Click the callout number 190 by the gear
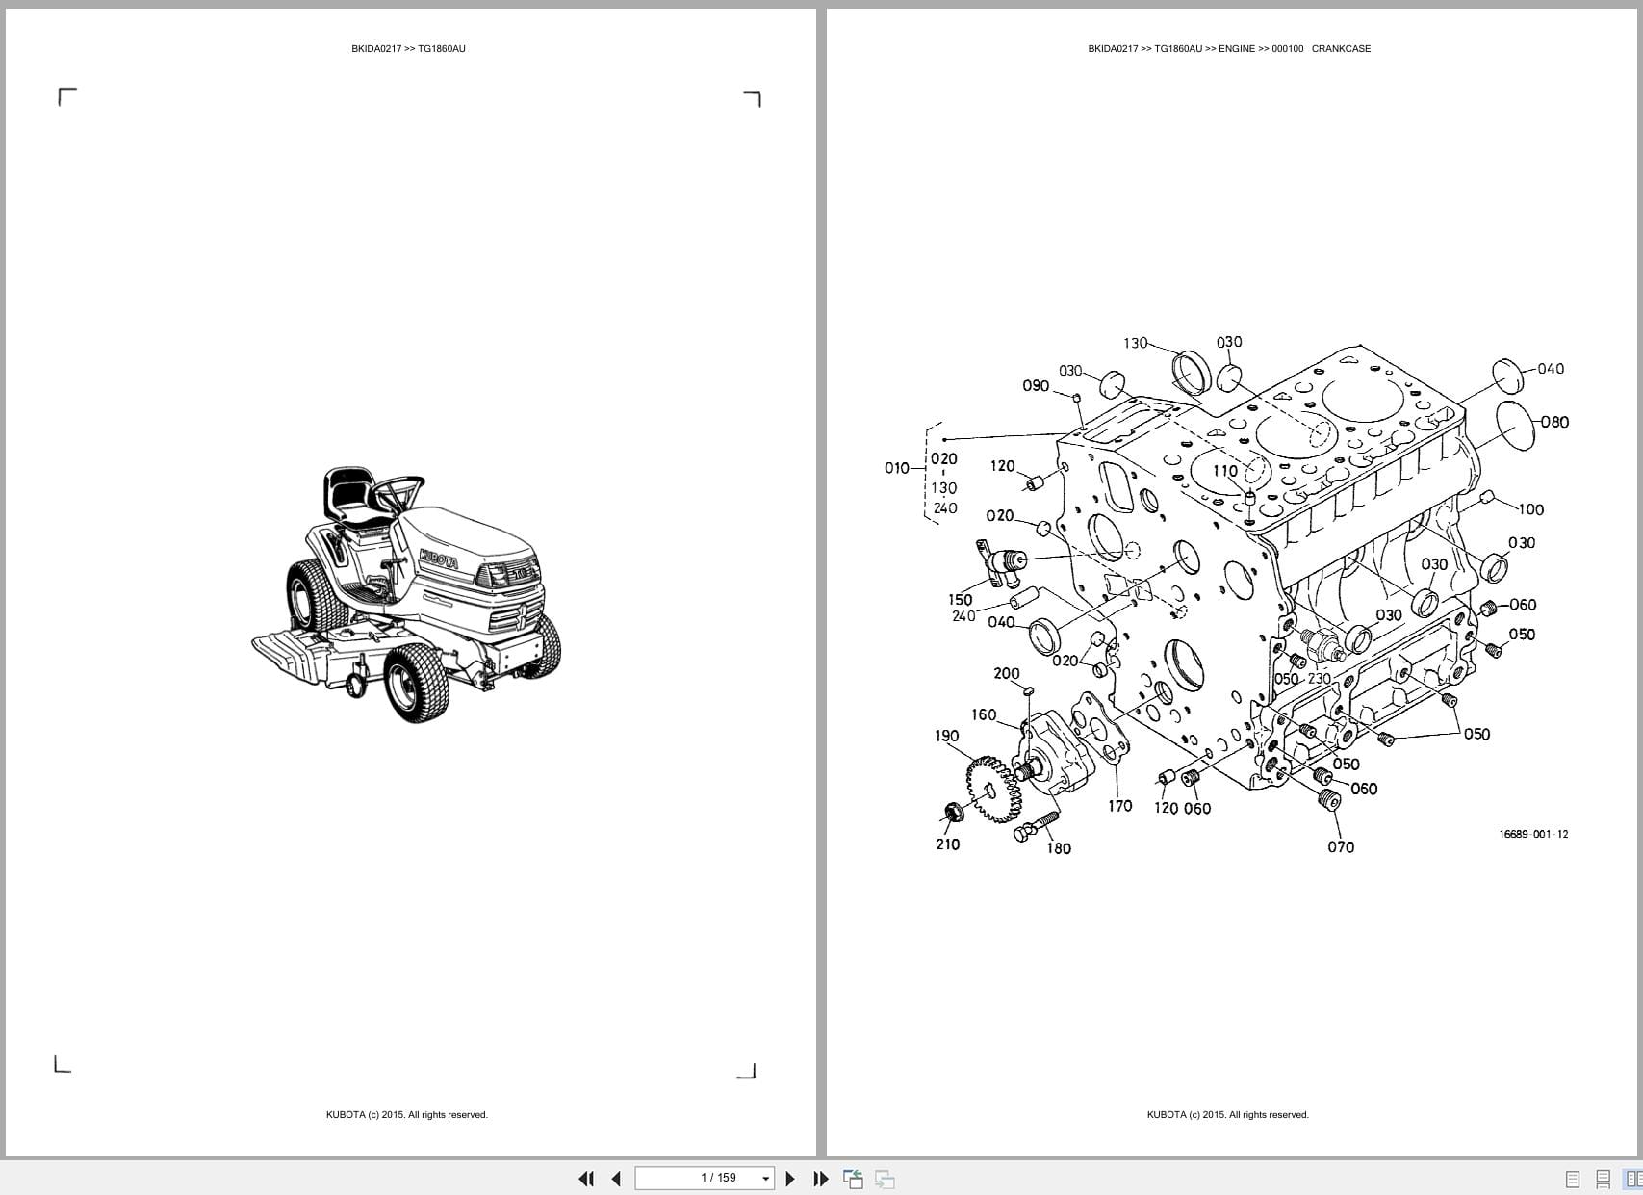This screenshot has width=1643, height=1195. pos(946,736)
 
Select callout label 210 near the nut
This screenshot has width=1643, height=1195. pos(947,844)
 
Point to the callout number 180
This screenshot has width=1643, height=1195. pos(1059,848)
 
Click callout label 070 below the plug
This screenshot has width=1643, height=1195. pos(1341,847)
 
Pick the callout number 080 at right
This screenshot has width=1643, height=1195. pos(1554,422)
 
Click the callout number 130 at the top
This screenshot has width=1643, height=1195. pos(1135,343)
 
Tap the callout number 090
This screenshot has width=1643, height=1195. pos(1036,386)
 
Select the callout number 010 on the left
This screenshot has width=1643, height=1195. pos(896,468)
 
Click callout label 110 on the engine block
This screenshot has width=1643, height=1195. pos(1224,471)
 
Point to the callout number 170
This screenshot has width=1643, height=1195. pos(1119,806)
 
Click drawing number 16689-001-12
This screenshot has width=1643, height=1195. pos(1532,834)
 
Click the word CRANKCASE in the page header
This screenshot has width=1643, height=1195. pos(1341,48)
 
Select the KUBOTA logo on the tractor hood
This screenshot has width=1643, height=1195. pos(439,559)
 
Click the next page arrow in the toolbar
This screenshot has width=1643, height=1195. pos(790,1178)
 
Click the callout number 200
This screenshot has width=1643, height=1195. pos(1006,674)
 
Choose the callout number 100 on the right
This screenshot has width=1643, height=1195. pos(1530,509)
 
